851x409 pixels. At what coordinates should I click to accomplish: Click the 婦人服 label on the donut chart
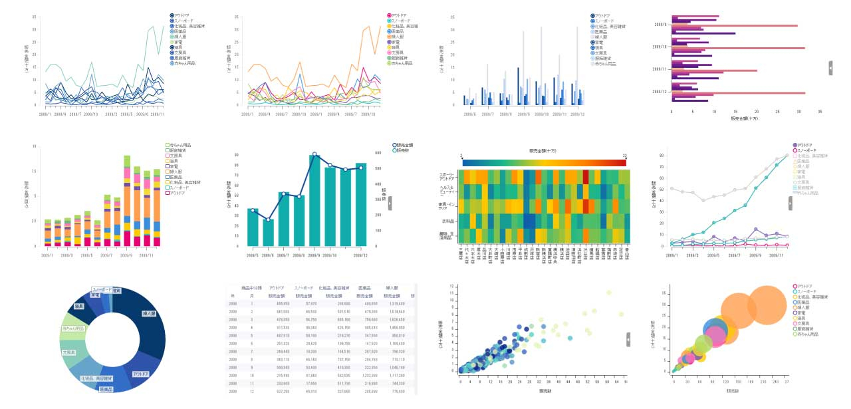tap(149, 313)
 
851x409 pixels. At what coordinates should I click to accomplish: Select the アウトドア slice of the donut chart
tap(141, 374)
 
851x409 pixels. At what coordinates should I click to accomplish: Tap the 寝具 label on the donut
tap(79, 306)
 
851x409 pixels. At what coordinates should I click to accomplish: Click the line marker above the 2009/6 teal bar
tap(268, 219)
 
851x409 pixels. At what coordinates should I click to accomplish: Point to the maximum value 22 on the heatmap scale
tap(624, 156)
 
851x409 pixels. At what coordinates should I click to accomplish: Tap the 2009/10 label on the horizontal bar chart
tap(660, 47)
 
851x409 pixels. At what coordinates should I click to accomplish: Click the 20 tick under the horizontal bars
tap(756, 112)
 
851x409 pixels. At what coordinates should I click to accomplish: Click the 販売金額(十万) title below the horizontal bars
tap(744, 119)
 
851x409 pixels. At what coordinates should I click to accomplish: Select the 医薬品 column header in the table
tap(364, 288)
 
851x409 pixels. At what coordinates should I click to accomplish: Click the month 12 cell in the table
tap(251, 391)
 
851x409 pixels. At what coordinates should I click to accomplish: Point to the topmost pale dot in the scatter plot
tap(608, 293)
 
